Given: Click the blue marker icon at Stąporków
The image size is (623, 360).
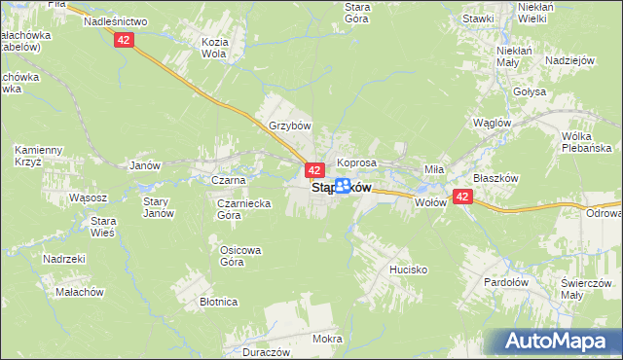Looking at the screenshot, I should tap(343, 187).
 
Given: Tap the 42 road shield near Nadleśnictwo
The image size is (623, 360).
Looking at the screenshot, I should tap(123, 40).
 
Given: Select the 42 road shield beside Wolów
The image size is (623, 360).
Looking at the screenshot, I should tap(462, 198).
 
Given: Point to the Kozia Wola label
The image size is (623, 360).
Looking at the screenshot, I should tap(213, 49).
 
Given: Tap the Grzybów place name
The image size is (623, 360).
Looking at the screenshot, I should tap(289, 126).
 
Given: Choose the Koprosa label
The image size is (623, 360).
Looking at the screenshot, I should tap(356, 162).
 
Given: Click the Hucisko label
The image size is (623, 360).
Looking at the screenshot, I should tap(410, 267).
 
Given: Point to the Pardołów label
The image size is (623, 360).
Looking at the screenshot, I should tap(506, 282).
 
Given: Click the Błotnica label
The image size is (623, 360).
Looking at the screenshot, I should tap(219, 303).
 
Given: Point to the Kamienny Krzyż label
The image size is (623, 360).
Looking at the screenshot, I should tap(39, 156).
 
